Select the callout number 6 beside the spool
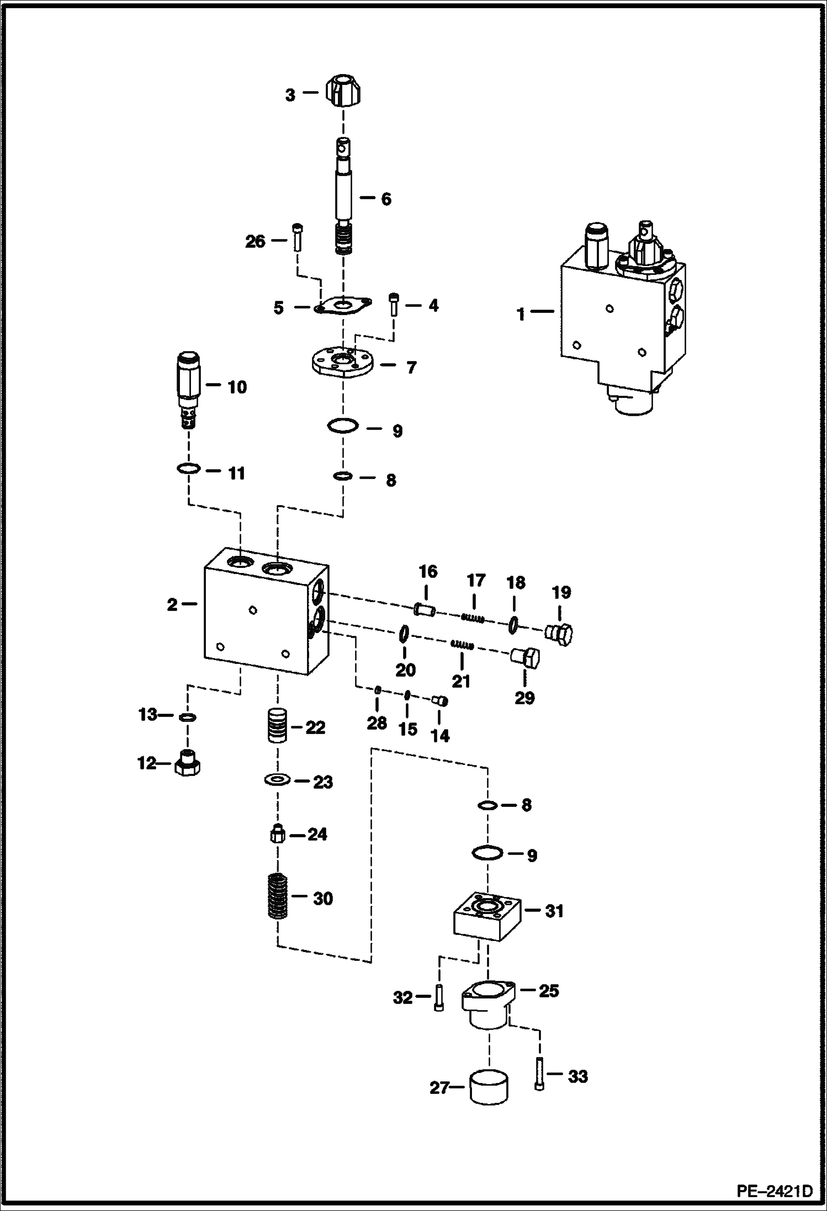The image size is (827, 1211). (x=386, y=199)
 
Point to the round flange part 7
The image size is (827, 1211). (x=343, y=365)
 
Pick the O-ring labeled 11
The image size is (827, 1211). (x=189, y=469)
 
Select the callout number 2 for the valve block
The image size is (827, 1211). (x=172, y=605)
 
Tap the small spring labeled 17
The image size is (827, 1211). (x=473, y=619)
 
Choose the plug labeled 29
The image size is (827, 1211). (x=524, y=657)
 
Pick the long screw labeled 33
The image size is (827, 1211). (x=539, y=1077)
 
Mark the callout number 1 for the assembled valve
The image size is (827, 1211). (x=521, y=314)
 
